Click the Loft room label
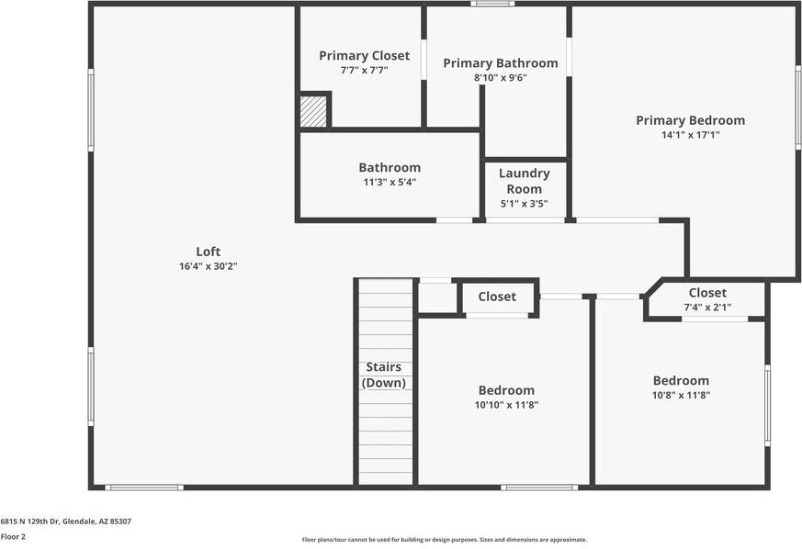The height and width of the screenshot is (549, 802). pos(209,252)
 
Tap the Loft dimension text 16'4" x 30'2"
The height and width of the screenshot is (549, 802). pos(209,266)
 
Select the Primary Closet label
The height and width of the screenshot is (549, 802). pos(364,56)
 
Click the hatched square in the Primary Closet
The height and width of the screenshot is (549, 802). pos(313,112)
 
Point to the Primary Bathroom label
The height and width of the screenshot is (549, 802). pos(500,63)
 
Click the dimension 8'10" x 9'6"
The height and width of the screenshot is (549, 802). pos(500,78)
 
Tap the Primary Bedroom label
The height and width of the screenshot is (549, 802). pos(690,120)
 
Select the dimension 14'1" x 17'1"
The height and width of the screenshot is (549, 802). pos(690,134)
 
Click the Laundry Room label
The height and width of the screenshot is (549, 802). pos(524,181)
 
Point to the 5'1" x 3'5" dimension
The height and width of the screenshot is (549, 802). pos(524,204)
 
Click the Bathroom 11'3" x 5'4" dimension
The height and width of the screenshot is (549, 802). pos(390,182)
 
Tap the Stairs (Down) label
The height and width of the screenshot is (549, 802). pos(384,375)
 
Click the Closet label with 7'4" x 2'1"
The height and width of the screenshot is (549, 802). pos(706,293)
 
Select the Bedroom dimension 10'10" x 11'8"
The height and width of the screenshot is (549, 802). pos(505,404)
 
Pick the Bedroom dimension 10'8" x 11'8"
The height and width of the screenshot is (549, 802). pos(681,396)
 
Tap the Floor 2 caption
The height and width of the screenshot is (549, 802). pos(13,536)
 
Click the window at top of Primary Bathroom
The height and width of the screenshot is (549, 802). pos(492,5)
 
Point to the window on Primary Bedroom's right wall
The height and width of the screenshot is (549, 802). pos(797,106)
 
